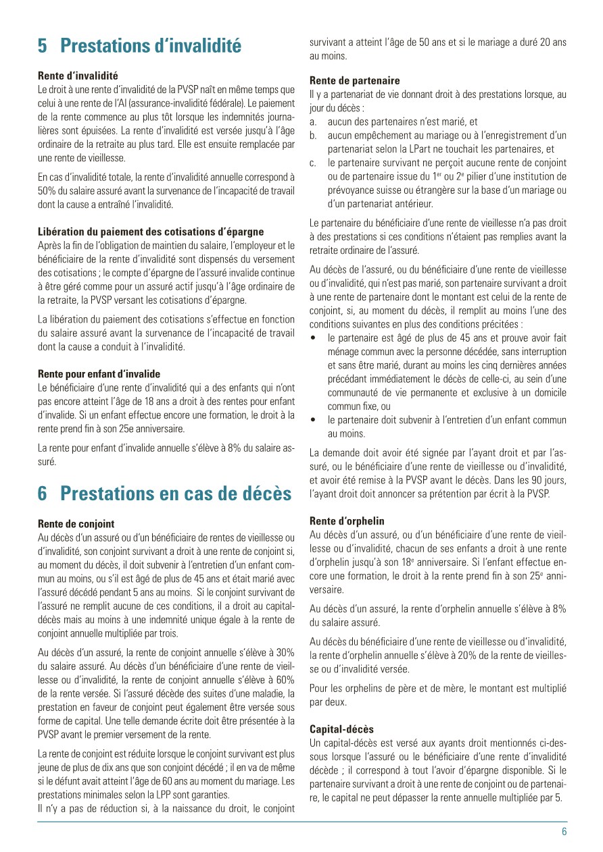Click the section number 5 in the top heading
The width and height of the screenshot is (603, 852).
pos(43,46)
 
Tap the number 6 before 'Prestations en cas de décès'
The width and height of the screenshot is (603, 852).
pos(43,494)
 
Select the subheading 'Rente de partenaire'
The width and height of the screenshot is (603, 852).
pos(354,80)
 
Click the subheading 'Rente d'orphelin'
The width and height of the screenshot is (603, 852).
pos(347,521)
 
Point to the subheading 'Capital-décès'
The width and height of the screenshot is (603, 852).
pos(341,729)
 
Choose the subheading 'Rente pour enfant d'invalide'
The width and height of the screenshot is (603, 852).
pos(99,373)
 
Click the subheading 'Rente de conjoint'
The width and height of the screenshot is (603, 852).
pos(76,523)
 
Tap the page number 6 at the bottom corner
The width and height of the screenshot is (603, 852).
pos(564,832)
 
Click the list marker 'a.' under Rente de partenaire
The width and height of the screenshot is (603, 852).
pos(314,122)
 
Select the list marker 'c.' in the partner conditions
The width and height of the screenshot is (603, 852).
pos(314,163)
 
